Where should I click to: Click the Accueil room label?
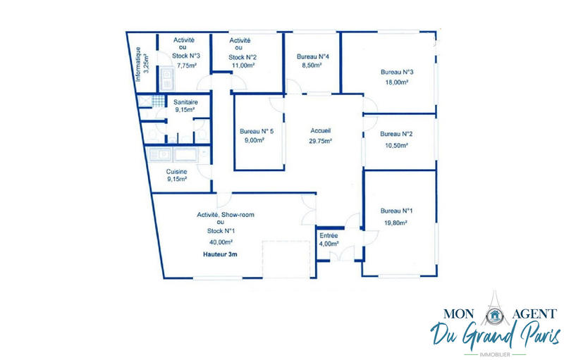[x=321, y=131]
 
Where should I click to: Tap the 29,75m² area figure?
[x=321, y=141]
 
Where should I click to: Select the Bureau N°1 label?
[x=396, y=211]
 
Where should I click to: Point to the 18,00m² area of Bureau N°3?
[x=397, y=82]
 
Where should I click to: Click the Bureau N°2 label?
[x=396, y=134]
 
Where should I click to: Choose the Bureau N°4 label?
[x=313, y=56]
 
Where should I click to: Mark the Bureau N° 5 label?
[x=257, y=131]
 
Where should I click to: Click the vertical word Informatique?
[x=138, y=64]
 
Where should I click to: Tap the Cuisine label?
[x=177, y=172]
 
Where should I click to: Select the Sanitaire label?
[x=185, y=102]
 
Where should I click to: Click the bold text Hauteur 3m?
[x=220, y=254]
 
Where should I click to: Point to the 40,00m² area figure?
[x=221, y=242]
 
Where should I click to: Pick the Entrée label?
[x=329, y=236]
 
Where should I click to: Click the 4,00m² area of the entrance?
[x=329, y=244]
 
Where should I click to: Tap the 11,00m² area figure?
[x=243, y=66]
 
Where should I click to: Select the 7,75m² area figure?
[x=187, y=66]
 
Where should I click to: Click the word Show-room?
[x=238, y=215]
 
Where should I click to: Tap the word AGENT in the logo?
[x=534, y=314]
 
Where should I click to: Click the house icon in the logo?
[x=495, y=316]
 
